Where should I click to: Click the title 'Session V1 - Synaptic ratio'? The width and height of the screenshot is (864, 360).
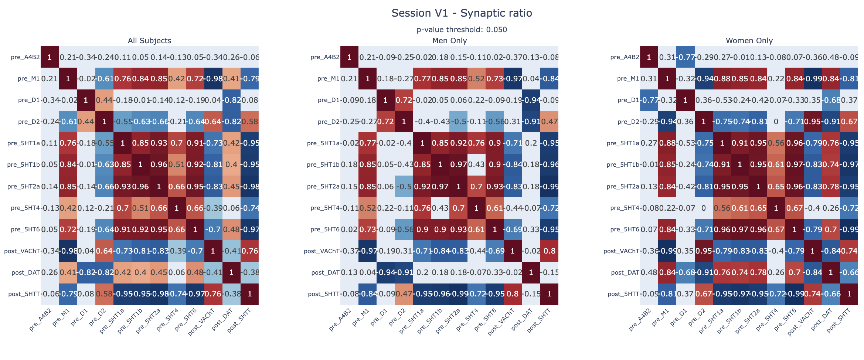462,13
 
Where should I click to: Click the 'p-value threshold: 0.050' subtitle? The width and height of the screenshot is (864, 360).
462,30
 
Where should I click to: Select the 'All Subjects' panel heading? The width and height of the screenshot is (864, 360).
149,41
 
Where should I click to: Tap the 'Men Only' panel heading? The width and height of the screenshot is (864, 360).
449,41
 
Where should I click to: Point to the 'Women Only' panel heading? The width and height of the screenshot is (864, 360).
749,41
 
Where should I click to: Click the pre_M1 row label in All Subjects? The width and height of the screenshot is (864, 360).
28,78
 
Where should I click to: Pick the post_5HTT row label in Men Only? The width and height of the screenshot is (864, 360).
323,294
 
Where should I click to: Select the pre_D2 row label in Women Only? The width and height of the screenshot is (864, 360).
628,122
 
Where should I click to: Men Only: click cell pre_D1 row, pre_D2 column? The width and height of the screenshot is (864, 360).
404,100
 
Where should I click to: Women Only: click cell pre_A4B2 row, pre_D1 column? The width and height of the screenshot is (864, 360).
685,57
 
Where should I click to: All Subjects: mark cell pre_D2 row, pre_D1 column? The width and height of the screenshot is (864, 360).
86,122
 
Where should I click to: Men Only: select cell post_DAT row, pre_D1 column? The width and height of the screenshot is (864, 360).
386,272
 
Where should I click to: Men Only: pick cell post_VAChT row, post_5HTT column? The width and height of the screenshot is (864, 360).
550,251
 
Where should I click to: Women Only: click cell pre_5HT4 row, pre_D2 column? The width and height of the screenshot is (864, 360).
704,208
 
